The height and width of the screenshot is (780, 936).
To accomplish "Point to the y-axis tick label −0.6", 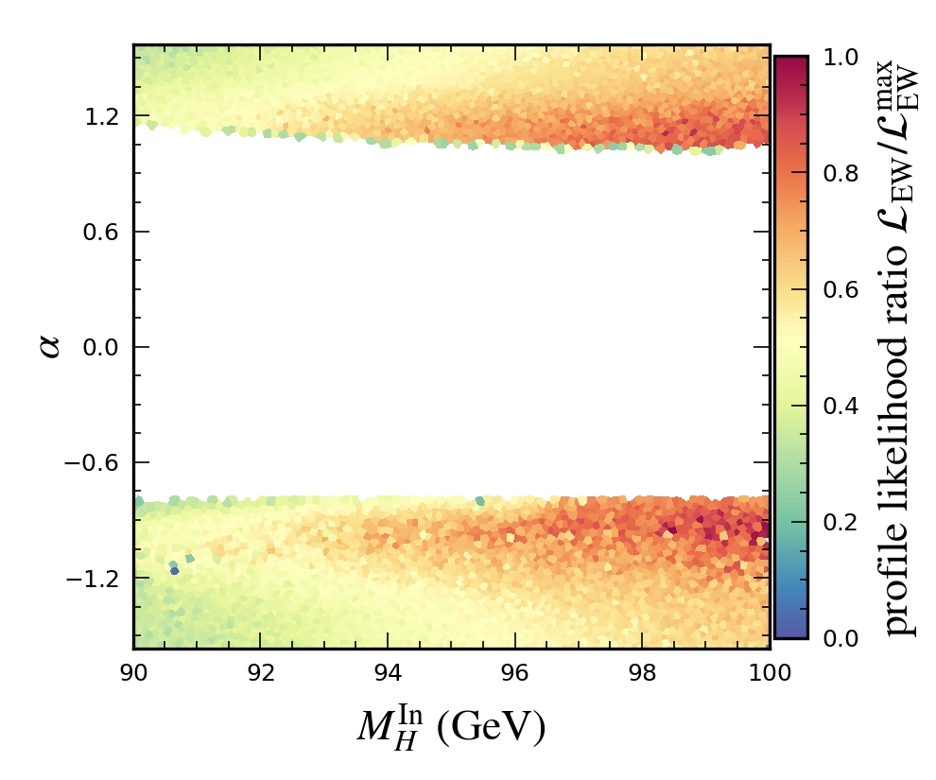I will pyautogui.click(x=95, y=462).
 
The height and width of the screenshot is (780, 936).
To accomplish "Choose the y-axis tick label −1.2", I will pyautogui.click(x=95, y=578).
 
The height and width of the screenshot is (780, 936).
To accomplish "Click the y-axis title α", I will pyautogui.click(x=50, y=347).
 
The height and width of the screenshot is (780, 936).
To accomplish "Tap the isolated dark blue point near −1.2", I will pyautogui.click(x=174, y=570).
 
